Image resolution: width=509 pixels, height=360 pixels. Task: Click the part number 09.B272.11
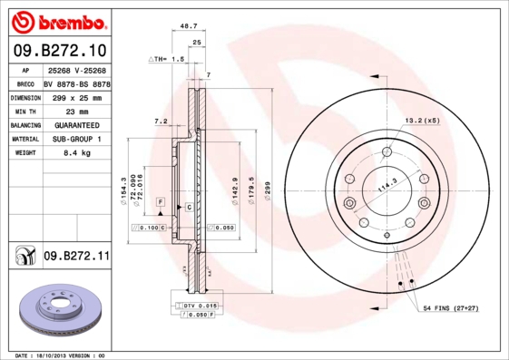pos(76,257)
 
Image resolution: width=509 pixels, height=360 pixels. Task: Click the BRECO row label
pos(25,83)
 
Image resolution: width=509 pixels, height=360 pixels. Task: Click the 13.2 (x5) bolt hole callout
pos(422,120)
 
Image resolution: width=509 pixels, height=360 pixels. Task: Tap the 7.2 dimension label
pos(162,121)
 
